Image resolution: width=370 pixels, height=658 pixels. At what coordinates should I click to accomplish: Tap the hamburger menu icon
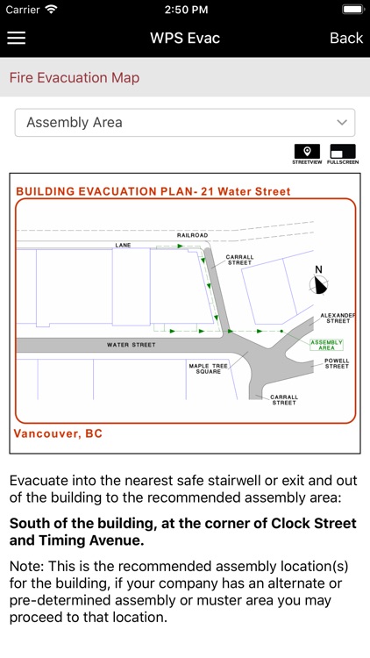[16, 38]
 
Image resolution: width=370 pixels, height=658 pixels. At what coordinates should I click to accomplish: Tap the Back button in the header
[345, 38]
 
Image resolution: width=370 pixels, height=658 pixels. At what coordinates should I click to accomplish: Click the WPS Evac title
[185, 38]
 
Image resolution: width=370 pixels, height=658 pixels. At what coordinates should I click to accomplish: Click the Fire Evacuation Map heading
[75, 78]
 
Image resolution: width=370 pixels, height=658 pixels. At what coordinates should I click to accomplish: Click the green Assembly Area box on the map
[327, 344]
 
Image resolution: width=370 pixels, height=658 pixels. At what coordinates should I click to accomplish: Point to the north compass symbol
[320, 283]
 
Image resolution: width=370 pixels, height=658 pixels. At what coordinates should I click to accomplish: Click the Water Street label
[132, 345]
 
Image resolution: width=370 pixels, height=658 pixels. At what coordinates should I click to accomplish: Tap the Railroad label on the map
[192, 235]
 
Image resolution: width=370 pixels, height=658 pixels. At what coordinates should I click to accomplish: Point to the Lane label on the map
[122, 245]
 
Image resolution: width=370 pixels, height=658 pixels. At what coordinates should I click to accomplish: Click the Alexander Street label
[338, 318]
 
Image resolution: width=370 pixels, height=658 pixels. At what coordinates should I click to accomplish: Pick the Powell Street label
[337, 362]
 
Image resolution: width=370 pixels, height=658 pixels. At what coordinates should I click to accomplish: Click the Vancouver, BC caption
[59, 433]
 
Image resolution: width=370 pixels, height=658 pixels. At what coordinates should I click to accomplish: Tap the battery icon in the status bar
[352, 9]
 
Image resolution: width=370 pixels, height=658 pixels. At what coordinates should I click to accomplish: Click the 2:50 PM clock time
[184, 9]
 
